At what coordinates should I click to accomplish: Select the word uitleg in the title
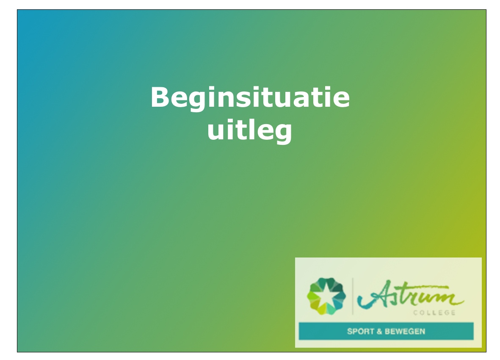pyautogui.click(x=250, y=130)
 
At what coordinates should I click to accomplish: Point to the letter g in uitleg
pyautogui.click(x=283, y=133)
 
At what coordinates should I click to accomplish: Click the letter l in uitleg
pyautogui.click(x=249, y=128)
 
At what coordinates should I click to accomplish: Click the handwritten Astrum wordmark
pyautogui.click(x=410, y=295)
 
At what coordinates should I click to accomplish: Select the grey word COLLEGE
pyautogui.click(x=434, y=313)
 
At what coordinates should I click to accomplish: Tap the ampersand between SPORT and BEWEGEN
pyautogui.click(x=379, y=331)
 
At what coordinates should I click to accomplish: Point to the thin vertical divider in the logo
pyautogui.click(x=352, y=296)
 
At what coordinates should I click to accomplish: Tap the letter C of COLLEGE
pyautogui.click(x=416, y=313)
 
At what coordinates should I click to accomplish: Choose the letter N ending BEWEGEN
pyautogui.click(x=422, y=331)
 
